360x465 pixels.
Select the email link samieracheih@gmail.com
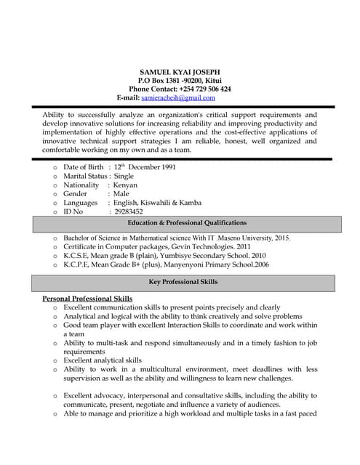[178, 97]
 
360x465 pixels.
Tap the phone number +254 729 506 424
[204, 89]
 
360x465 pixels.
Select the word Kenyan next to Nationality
[125, 185]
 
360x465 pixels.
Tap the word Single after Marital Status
[124, 176]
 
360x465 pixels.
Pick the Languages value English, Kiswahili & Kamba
[158, 203]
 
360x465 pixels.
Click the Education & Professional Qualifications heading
[187, 223]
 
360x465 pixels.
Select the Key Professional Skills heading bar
[188, 282]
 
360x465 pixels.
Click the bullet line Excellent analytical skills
[103, 360]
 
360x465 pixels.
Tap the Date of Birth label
[83, 167]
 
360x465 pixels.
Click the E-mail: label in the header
[128, 97]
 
